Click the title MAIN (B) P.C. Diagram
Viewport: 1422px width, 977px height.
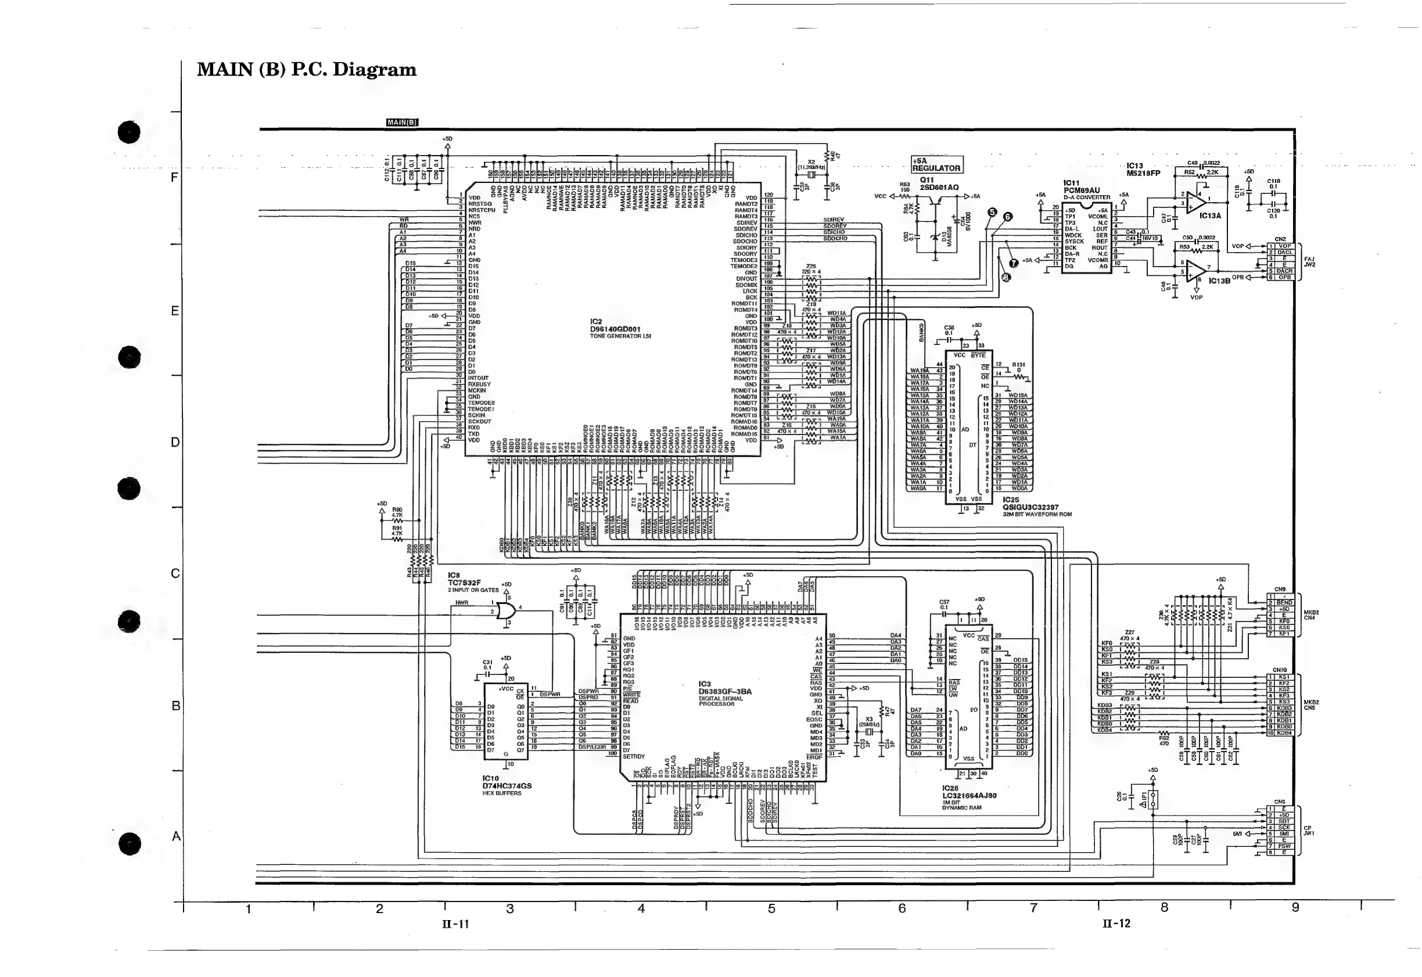click(306, 70)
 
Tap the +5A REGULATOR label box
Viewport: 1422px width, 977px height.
click(936, 164)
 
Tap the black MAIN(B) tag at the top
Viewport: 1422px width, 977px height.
click(402, 123)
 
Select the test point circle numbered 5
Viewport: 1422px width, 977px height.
click(992, 213)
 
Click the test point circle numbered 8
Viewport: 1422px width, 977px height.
click(1006, 277)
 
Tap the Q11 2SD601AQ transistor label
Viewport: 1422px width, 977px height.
click(938, 184)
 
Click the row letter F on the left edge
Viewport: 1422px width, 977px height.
click(174, 178)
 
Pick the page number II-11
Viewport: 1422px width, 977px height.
click(455, 924)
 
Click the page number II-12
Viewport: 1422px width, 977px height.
click(1116, 924)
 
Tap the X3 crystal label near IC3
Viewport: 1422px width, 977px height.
click(868, 719)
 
